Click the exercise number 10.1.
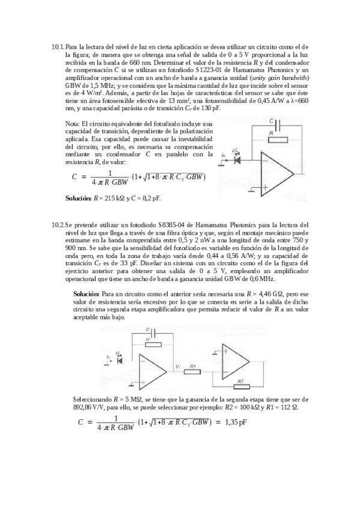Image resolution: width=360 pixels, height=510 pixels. click(58, 46)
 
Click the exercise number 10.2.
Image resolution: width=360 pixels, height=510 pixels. click(58, 224)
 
